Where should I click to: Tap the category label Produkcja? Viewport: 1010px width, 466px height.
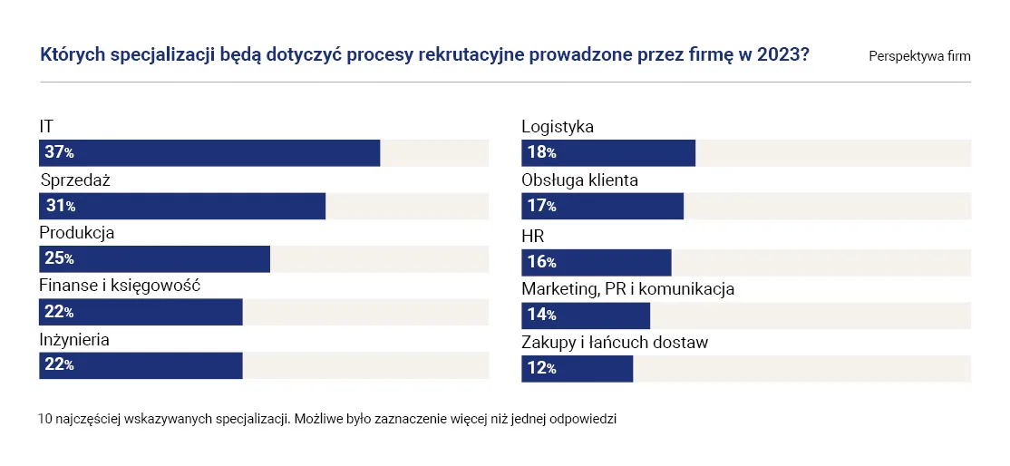(x=76, y=233)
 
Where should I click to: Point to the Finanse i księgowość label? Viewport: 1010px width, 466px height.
(x=119, y=286)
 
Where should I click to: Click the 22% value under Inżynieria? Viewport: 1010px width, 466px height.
(x=59, y=365)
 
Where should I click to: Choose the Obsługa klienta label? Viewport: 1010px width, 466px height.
(x=579, y=180)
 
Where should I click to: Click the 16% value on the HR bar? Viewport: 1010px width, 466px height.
(x=541, y=263)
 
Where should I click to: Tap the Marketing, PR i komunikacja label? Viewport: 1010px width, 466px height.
(x=627, y=289)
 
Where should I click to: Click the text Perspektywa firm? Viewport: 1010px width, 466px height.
(x=919, y=56)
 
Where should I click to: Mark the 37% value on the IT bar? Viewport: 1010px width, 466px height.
(x=59, y=153)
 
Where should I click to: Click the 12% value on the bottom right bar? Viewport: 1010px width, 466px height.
(x=541, y=369)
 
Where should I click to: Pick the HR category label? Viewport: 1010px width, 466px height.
(x=532, y=237)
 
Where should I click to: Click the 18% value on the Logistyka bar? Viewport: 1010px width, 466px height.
(x=541, y=153)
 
